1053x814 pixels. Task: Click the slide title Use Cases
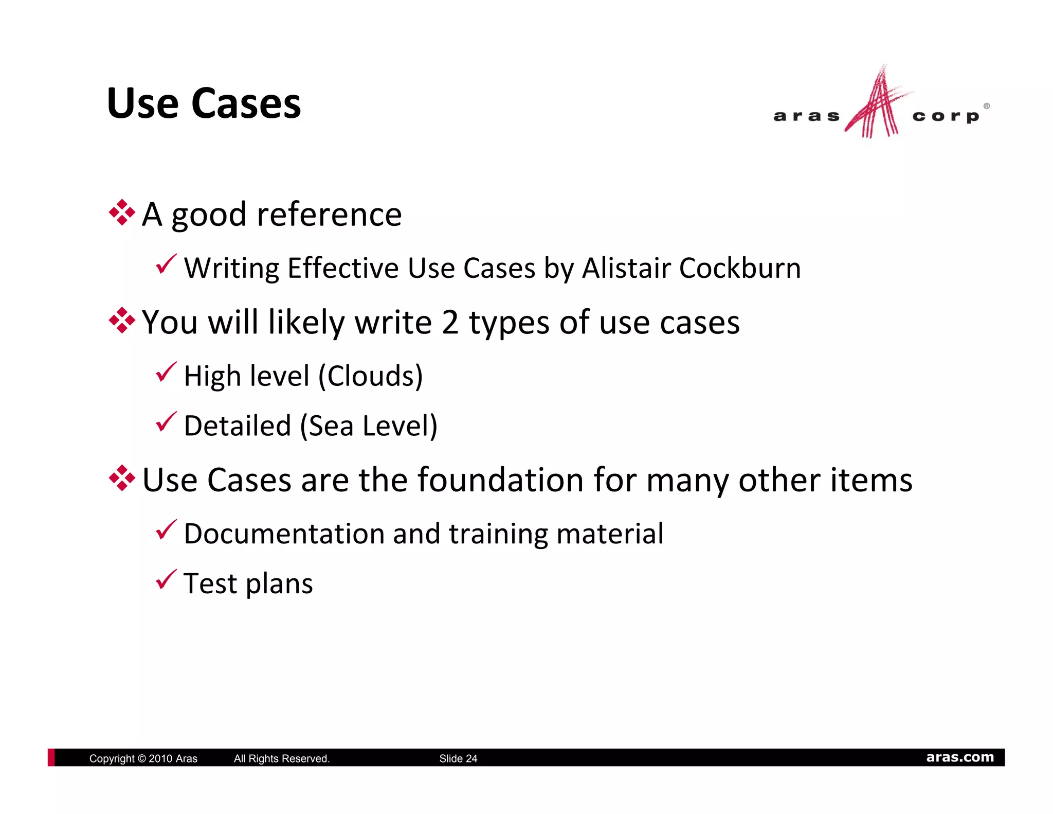(204, 104)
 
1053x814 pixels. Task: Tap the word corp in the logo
(946, 116)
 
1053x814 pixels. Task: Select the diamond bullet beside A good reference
(122, 213)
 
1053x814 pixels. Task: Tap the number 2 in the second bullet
(450, 323)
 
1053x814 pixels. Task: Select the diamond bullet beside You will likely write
(122, 321)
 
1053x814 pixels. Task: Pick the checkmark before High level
(166, 372)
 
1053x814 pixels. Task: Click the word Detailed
(238, 426)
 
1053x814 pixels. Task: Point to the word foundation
(501, 480)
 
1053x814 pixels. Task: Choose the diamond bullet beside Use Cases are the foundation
(122, 479)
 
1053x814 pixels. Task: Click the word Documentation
(284, 534)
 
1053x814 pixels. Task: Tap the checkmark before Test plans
(166, 580)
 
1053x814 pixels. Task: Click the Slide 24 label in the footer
(458, 758)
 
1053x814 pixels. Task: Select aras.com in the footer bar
(959, 757)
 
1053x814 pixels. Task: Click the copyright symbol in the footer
(142, 758)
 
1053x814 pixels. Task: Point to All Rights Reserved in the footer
(282, 758)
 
